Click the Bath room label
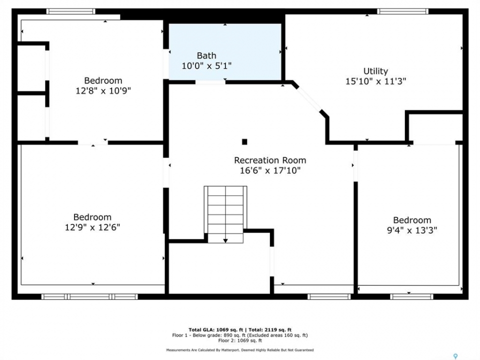tap(206, 55)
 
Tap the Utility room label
tap(375, 71)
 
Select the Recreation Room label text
tap(270, 160)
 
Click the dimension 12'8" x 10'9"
tap(103, 90)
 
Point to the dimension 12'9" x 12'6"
tap(92, 227)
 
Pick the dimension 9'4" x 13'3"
tap(412, 230)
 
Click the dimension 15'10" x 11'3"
tap(375, 81)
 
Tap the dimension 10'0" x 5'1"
tap(206, 65)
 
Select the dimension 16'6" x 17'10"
tap(270, 170)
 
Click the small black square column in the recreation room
tap(244, 141)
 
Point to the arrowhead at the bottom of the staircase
tap(225, 241)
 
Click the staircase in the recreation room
tap(225, 214)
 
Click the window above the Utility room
tap(402, 11)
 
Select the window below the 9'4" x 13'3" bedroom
tap(411, 296)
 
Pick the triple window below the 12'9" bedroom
tap(89, 296)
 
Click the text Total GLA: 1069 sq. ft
tap(216, 329)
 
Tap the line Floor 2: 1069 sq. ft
tap(240, 340)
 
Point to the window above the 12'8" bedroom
tap(70, 11)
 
